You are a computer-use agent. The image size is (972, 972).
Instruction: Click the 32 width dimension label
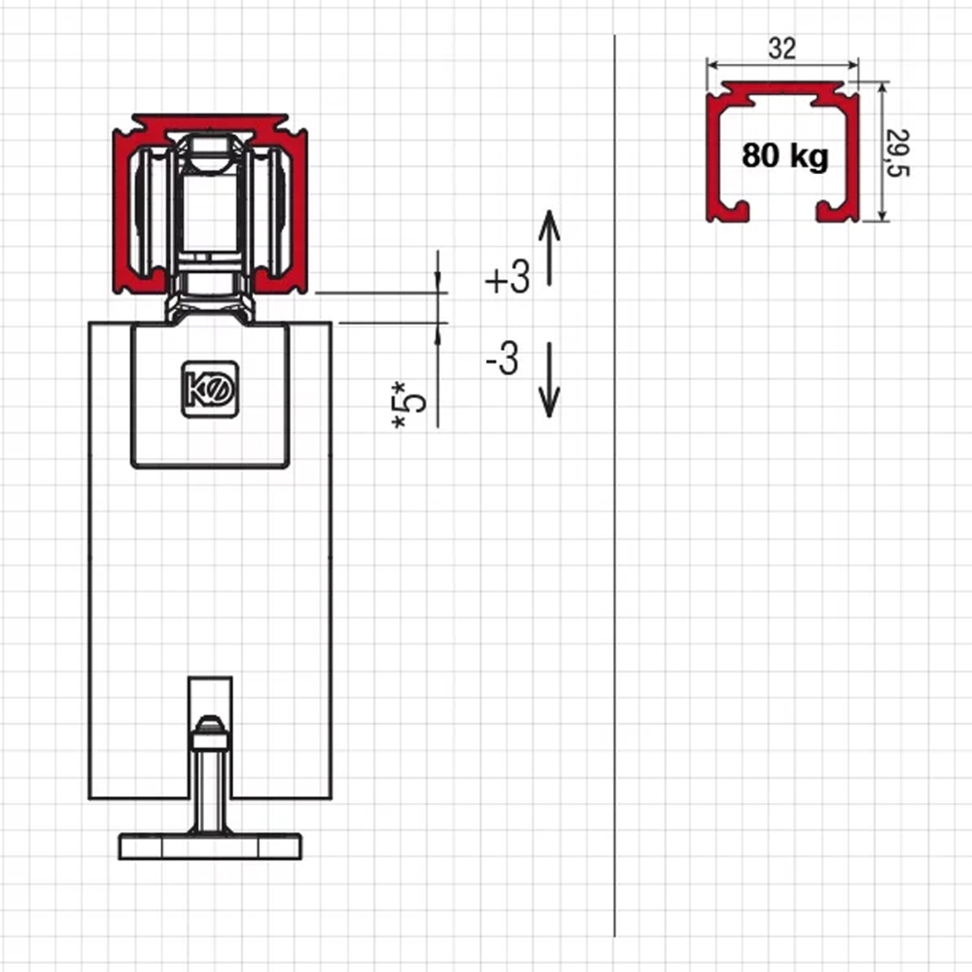pos(781,49)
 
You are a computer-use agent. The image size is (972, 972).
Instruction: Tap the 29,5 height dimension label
pos(897,153)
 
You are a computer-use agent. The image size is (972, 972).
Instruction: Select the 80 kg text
pos(784,155)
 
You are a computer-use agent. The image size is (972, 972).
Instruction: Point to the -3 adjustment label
pos(503,359)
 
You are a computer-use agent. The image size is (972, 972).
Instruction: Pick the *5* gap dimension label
pos(408,404)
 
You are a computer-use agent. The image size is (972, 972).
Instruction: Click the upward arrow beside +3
pos(549,249)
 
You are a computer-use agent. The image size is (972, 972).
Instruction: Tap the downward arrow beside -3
pos(549,379)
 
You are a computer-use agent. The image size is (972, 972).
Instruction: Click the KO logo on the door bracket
pos(210,390)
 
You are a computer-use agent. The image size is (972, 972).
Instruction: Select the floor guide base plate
pos(210,847)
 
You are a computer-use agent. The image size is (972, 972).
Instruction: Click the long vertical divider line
pos(615,486)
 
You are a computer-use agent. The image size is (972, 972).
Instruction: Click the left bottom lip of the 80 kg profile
pos(728,211)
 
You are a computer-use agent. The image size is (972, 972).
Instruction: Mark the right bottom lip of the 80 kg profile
pos(837,211)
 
